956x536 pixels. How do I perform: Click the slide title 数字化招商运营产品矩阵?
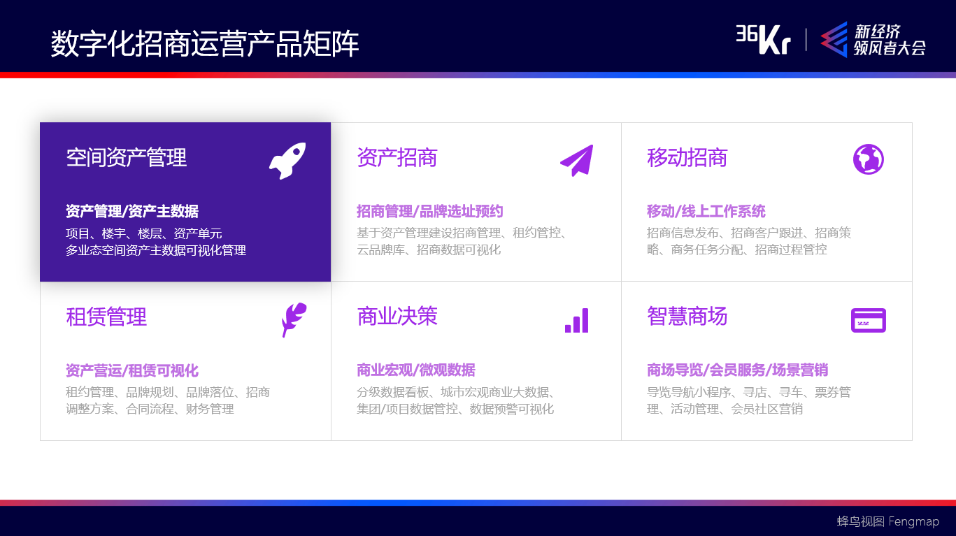(x=205, y=44)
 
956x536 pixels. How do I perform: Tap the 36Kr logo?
(x=762, y=39)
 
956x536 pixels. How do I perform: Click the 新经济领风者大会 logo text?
(x=888, y=40)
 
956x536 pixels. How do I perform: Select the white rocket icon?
(x=287, y=160)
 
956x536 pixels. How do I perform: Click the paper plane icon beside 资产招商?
(x=577, y=160)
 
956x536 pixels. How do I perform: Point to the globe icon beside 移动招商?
(x=868, y=159)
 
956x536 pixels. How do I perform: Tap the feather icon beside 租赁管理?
(x=293, y=319)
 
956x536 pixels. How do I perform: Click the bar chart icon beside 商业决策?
(x=577, y=320)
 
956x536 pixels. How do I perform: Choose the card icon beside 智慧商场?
(x=868, y=320)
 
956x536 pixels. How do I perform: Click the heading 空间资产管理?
(x=127, y=157)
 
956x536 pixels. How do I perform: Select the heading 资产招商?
(x=397, y=157)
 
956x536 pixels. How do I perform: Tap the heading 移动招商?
(x=687, y=157)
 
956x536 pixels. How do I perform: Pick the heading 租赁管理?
(x=106, y=317)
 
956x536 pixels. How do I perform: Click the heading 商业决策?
(x=397, y=316)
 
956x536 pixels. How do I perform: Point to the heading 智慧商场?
(x=687, y=316)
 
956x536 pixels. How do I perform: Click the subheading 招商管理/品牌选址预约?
(x=429, y=211)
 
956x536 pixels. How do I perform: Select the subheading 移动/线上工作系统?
(x=706, y=211)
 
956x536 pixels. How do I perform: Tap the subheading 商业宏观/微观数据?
(x=415, y=370)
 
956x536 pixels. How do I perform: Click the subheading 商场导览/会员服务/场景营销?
(x=737, y=370)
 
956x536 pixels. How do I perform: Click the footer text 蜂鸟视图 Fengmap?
(x=887, y=521)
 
